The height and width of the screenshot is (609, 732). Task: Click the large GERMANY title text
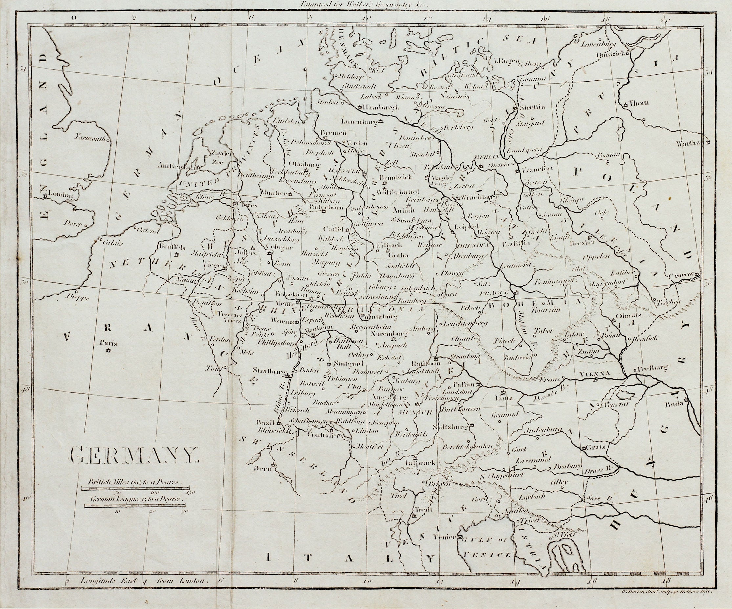pos(134,455)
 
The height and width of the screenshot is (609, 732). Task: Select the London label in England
pos(61,196)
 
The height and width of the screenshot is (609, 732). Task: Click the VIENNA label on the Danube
pos(595,373)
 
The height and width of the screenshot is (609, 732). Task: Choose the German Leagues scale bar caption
pos(136,499)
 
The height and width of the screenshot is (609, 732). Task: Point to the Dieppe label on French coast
pos(77,297)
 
